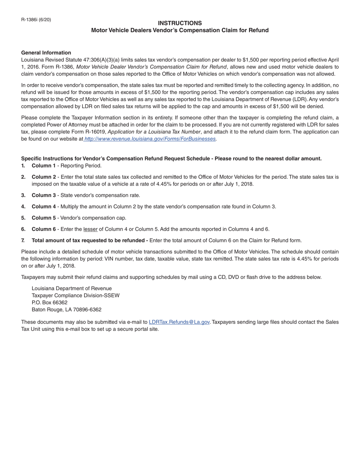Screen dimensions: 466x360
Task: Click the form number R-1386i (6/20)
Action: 36,19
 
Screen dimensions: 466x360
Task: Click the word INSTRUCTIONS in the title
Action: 180,23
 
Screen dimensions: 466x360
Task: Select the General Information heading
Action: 46,53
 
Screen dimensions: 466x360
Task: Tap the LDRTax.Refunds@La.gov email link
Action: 179,322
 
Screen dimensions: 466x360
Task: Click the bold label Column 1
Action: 44,166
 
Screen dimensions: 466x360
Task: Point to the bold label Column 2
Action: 44,177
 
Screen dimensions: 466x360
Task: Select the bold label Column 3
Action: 44,195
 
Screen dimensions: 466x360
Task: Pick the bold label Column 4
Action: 44,207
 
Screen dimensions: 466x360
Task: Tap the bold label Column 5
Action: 44,218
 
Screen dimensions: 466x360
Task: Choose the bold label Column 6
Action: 44,229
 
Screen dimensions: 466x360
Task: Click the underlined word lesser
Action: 90,229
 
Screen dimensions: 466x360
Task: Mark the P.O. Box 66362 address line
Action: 50,303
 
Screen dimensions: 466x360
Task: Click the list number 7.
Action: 23,241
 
